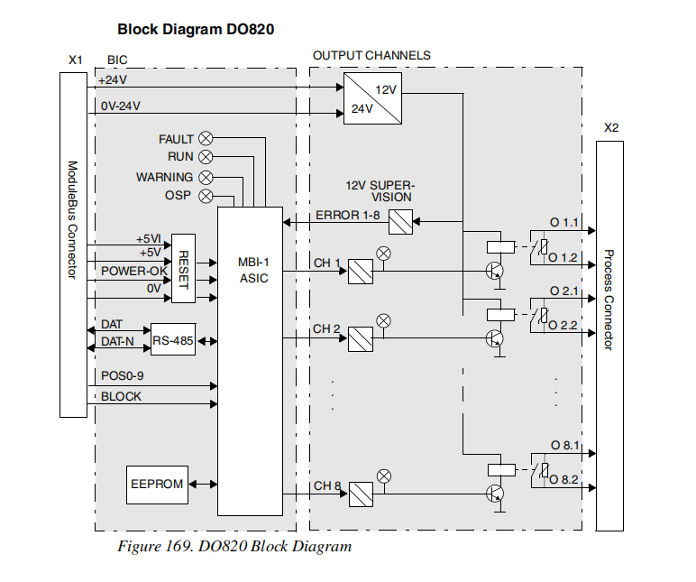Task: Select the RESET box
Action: point(183,268)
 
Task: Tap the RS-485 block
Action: point(173,340)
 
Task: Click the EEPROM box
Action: point(156,485)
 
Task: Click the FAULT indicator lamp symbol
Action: point(206,139)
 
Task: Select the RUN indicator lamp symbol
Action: point(206,157)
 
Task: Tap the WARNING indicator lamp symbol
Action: point(206,177)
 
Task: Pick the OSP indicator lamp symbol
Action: point(206,196)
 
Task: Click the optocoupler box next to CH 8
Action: point(361,494)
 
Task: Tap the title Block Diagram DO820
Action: point(196,29)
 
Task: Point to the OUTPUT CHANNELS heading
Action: point(371,55)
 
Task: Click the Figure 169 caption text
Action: point(234,546)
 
